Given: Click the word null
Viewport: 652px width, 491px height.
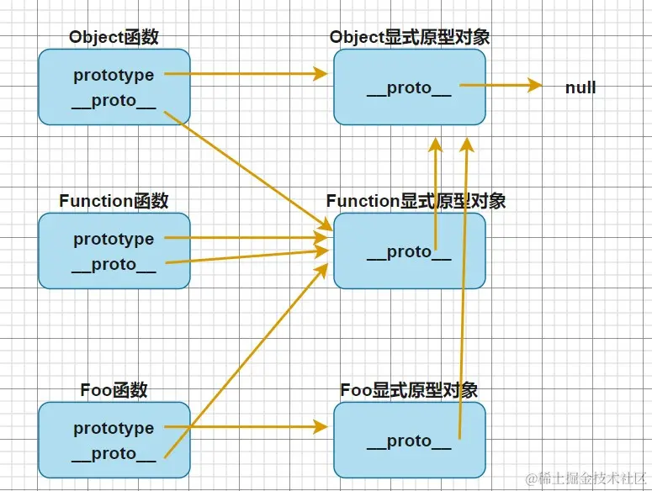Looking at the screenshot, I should coord(580,87).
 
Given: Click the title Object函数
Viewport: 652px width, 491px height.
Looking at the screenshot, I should coord(114,37).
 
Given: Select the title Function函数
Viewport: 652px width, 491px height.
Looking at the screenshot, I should coord(114,201).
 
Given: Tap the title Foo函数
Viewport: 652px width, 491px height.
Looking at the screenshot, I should coord(114,390).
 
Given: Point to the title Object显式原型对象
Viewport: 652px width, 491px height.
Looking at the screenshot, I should coord(410,37).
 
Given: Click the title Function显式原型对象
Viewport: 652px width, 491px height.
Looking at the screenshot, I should coord(416,201).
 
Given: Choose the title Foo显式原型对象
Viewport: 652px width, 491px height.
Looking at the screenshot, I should coord(409,390).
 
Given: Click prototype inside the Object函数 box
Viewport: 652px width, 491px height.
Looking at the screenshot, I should coord(114,75).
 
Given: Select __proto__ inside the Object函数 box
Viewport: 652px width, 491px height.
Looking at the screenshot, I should coord(114,101).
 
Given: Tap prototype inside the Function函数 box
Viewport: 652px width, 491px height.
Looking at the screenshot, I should coord(114,239).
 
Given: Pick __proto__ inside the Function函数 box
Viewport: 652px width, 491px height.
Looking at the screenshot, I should coord(114,265).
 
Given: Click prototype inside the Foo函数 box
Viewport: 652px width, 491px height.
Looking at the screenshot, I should coord(114,428).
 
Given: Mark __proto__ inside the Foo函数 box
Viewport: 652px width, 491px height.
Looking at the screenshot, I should coord(114,454).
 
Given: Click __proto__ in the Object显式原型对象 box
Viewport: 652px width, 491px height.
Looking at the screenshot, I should coord(409,88).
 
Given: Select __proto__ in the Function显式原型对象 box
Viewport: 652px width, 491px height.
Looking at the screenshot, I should coord(409,252).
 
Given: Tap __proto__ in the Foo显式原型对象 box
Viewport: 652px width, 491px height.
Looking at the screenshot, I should coord(409,441).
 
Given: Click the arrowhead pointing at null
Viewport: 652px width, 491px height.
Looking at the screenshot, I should coord(535,85).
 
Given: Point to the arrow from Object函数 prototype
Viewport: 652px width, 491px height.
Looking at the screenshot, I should coord(244,74).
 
